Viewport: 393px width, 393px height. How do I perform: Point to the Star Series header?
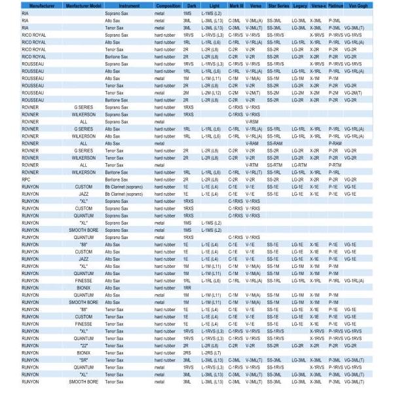click(x=278, y=5)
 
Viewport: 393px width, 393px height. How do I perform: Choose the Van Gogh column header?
click(x=358, y=5)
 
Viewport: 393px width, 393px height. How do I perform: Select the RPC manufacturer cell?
click(x=26, y=179)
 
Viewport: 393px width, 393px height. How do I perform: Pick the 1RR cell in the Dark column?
click(x=187, y=288)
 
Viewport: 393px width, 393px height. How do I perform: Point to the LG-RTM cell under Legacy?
click(x=298, y=165)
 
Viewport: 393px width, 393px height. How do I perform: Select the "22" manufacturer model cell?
click(x=84, y=345)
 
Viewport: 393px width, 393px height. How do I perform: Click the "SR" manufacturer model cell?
click(x=84, y=360)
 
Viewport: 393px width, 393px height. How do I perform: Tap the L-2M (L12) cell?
click(x=210, y=93)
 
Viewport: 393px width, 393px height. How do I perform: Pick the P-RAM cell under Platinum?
click(x=335, y=143)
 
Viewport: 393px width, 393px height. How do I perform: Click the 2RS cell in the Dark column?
click(x=187, y=352)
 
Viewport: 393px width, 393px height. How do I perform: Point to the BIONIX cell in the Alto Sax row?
click(x=84, y=288)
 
